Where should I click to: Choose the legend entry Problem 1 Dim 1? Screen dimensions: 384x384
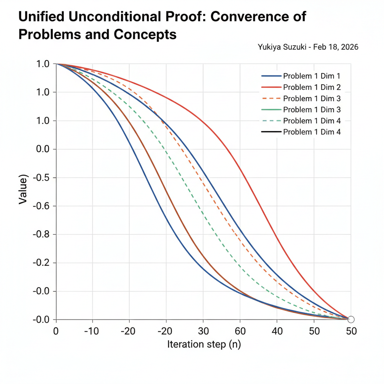pos(311,76)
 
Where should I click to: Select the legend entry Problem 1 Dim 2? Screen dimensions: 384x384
pos(311,87)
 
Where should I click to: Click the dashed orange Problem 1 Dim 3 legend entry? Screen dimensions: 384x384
pos(311,99)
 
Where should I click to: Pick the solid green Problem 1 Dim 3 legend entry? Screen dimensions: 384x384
pos(311,110)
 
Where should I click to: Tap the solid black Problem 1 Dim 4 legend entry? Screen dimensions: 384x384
pos(311,132)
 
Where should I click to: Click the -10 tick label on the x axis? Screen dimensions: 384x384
pos(91,331)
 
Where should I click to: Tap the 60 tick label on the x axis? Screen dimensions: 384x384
pos(240,331)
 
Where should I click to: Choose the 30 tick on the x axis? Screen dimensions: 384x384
pos(203,331)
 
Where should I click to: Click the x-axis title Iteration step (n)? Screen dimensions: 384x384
pos(204,344)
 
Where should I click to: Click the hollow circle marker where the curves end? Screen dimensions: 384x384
pos(351,319)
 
